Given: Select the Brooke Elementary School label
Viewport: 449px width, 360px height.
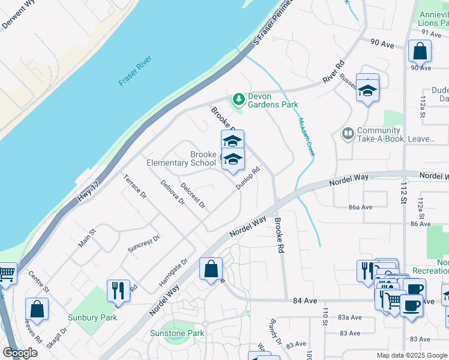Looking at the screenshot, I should [x=181, y=158].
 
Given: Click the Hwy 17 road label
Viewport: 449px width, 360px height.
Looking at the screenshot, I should [x=88, y=193].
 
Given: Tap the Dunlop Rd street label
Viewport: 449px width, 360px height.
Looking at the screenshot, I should [x=247, y=178].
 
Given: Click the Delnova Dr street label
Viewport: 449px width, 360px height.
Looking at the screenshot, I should [x=172, y=192].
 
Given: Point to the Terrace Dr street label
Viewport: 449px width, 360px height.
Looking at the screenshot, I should [x=135, y=186].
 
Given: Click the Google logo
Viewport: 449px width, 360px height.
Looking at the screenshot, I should [x=20, y=353].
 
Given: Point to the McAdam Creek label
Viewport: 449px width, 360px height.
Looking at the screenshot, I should [x=306, y=137].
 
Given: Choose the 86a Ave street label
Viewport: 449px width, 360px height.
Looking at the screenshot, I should [x=361, y=207].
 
